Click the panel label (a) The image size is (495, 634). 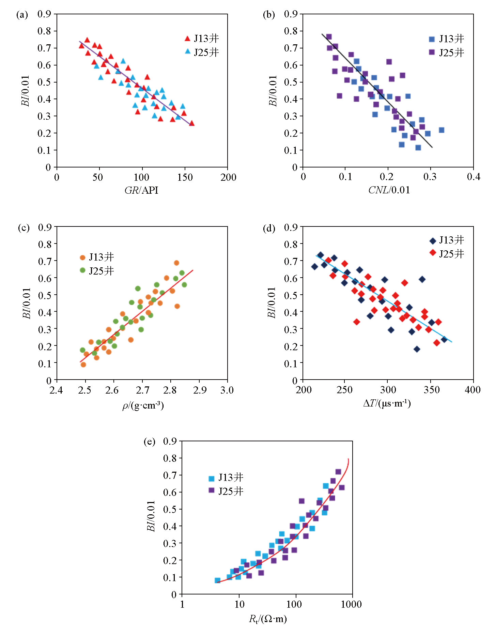click(x=22, y=15)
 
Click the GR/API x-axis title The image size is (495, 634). click(x=141, y=190)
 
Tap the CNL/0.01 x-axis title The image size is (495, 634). click(x=389, y=190)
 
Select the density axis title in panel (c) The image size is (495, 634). click(x=143, y=406)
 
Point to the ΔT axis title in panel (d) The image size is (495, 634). click(x=387, y=403)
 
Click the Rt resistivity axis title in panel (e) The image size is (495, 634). click(x=268, y=619)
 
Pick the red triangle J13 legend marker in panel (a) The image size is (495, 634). click(x=187, y=39)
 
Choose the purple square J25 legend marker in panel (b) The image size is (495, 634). click(x=432, y=52)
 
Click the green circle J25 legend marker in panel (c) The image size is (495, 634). click(x=82, y=270)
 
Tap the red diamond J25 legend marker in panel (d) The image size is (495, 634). click(x=433, y=253)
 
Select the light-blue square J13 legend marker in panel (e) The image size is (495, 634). click(x=212, y=478)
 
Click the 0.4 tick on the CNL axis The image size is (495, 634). click(x=474, y=177)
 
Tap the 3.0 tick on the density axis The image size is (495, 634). click(x=227, y=390)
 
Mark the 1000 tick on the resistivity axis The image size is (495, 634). click(x=351, y=604)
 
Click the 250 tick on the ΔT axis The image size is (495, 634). click(x=344, y=390)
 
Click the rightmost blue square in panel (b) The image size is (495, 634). click(x=442, y=130)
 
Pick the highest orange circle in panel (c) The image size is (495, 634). click(x=176, y=263)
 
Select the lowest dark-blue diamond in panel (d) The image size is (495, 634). click(x=417, y=349)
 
